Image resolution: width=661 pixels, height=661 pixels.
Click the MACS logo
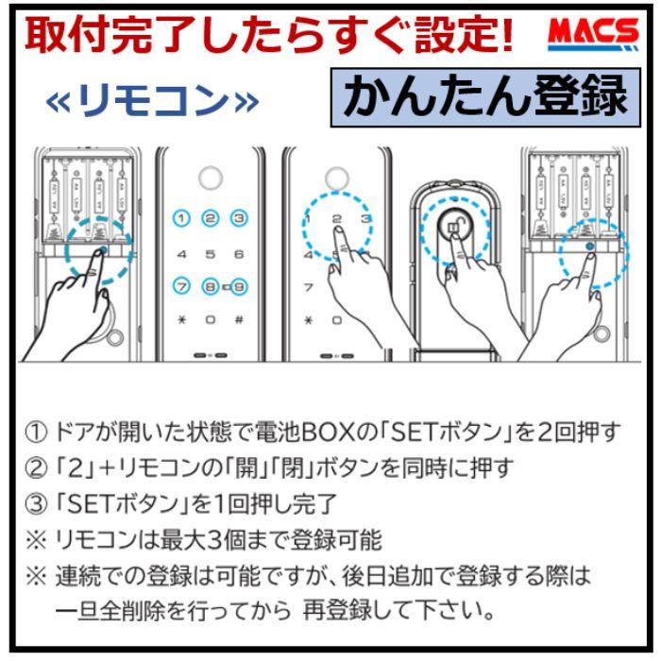click(x=592, y=36)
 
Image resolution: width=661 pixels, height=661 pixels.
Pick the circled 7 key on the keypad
click(x=182, y=285)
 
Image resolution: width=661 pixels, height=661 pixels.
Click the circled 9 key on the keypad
click(x=240, y=285)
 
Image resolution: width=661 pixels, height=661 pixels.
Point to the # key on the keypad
click(x=239, y=319)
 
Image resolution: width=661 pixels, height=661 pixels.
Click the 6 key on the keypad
click(x=239, y=253)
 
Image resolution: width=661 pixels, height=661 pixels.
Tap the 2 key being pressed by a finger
click(x=334, y=219)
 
